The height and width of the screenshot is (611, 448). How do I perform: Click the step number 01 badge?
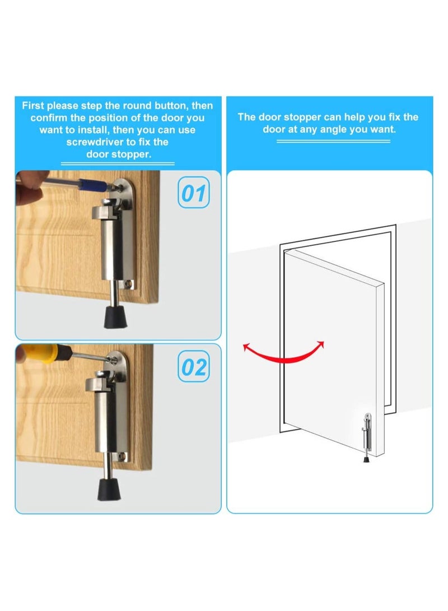click(194, 194)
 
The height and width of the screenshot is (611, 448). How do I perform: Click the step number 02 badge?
click(194, 368)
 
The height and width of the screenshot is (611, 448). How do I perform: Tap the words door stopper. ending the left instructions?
click(119, 155)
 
